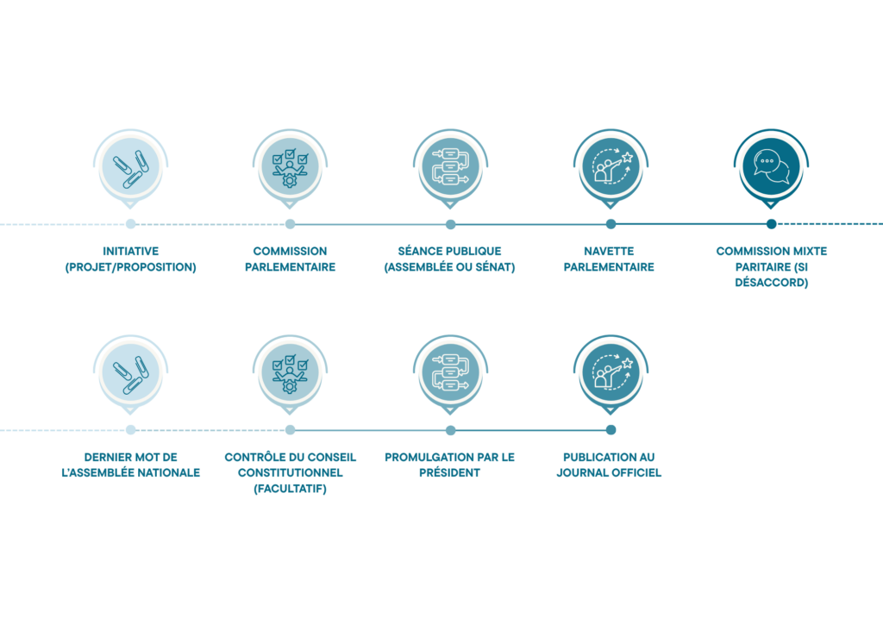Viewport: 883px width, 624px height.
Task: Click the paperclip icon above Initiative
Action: click(131, 168)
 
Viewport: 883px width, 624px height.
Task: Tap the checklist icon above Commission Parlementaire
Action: click(290, 168)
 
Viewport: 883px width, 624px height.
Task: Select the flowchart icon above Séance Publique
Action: click(450, 166)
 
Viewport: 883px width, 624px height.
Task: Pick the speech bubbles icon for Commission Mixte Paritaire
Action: click(771, 166)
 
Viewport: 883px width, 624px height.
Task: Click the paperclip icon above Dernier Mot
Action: click(131, 374)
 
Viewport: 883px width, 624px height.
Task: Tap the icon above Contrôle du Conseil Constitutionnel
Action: click(290, 373)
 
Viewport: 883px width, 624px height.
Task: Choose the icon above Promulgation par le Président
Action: click(450, 372)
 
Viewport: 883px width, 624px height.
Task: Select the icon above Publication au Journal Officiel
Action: click(611, 372)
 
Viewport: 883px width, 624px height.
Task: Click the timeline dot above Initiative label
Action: click(131, 224)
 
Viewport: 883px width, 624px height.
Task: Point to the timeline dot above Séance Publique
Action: click(450, 224)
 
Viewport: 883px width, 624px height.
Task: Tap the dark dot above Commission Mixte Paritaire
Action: click(772, 224)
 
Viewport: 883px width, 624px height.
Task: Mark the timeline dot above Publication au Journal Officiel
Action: click(611, 430)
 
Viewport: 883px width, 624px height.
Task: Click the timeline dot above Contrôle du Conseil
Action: click(290, 430)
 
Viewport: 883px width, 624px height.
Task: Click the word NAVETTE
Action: click(609, 251)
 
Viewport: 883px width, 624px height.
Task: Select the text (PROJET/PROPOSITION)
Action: click(131, 267)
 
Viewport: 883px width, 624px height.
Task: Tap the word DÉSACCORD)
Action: click(772, 283)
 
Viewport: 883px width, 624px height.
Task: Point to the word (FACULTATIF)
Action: click(290, 489)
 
